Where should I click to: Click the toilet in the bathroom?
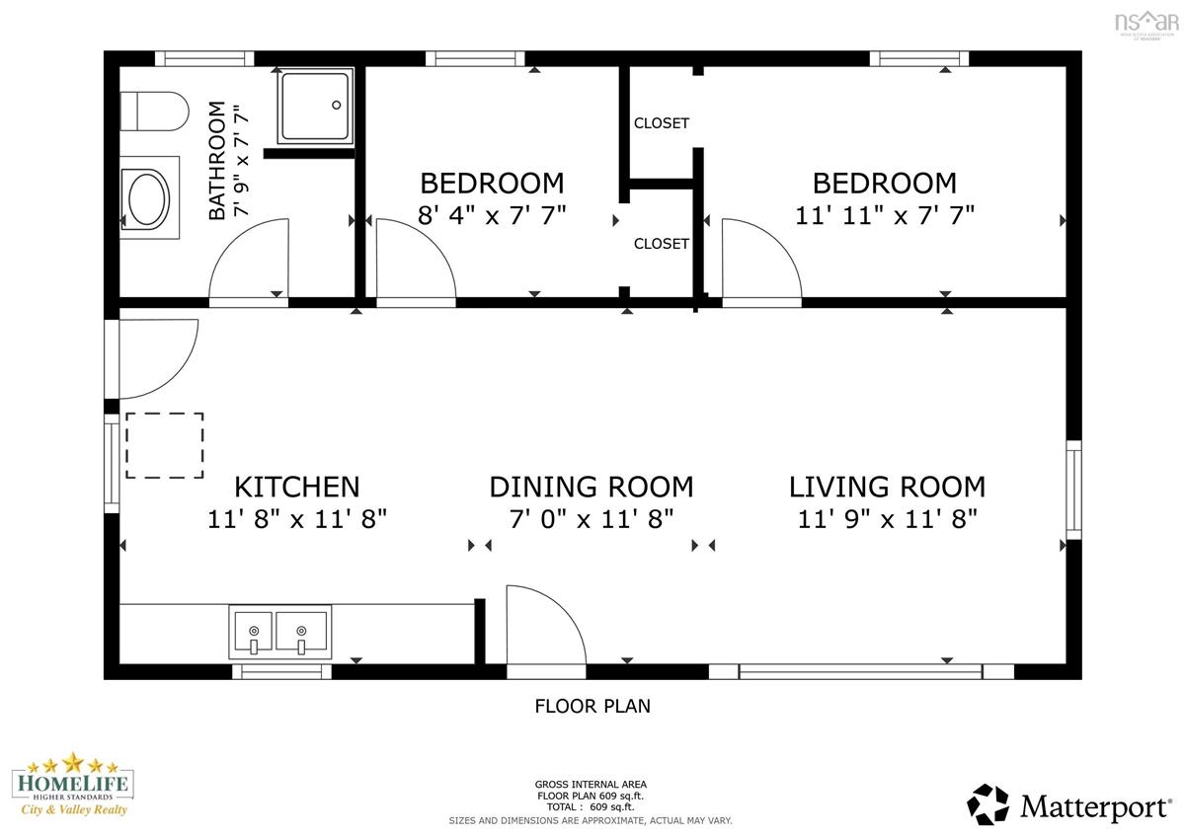click(154, 112)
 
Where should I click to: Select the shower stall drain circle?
click(337, 106)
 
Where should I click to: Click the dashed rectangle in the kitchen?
click(165, 446)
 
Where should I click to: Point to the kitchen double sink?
click(280, 633)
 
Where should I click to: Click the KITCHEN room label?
click(297, 487)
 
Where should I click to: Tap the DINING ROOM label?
click(592, 487)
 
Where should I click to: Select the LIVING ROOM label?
click(887, 487)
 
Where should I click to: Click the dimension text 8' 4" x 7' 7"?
click(492, 215)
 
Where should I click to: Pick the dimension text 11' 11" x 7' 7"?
click(885, 215)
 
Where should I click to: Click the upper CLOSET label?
click(662, 123)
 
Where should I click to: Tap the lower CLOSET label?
click(662, 244)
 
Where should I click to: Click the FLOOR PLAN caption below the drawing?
click(592, 707)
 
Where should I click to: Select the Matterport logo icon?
click(987, 804)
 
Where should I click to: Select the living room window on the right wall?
click(1074, 490)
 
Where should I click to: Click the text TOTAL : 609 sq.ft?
click(591, 806)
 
